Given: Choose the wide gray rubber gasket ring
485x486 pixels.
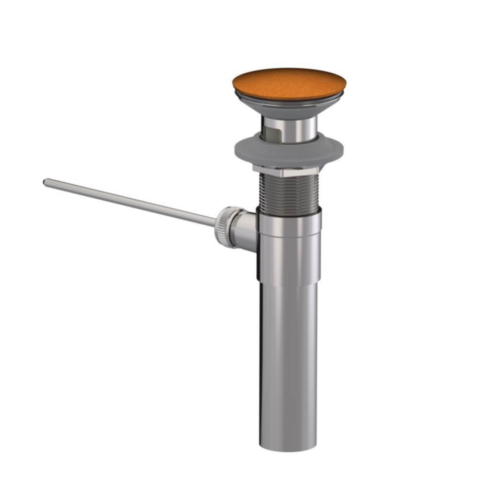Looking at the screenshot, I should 289,151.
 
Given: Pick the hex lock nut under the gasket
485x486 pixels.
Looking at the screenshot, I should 286,171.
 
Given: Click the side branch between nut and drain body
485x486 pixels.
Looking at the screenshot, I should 246,228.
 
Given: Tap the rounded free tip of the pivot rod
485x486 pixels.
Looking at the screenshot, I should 46,182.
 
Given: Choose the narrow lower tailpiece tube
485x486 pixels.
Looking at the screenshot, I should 288,364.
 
